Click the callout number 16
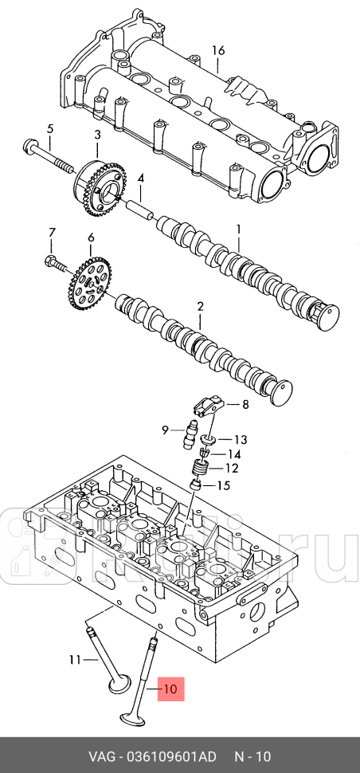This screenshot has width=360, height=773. click(x=218, y=50)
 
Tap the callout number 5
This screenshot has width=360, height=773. click(x=49, y=129)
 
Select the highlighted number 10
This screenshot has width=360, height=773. click(x=170, y=689)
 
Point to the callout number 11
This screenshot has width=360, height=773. click(x=75, y=659)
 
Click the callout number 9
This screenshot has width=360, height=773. click(x=166, y=430)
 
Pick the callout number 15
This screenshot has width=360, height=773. click(x=224, y=486)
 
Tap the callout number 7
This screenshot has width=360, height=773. click(x=53, y=232)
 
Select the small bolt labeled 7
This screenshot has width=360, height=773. click(x=56, y=263)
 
